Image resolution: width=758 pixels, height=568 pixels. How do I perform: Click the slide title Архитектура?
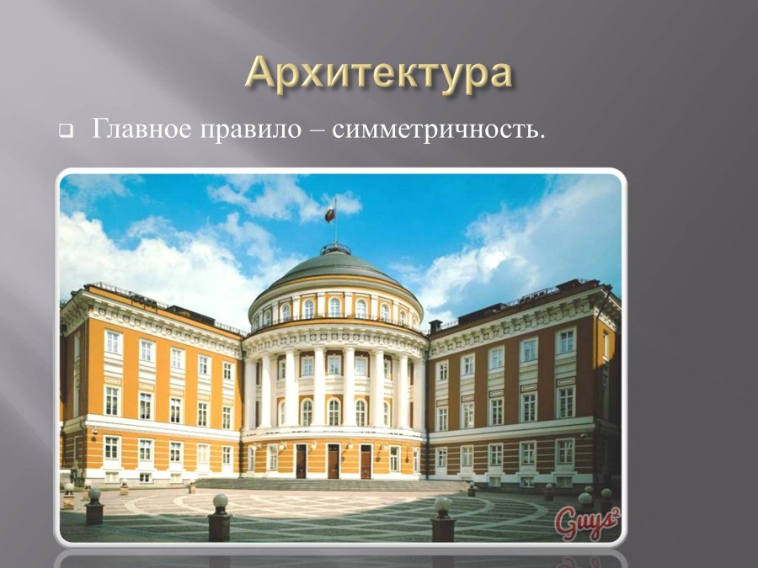point(378,74)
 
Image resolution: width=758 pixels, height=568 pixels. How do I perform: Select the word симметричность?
point(434,131)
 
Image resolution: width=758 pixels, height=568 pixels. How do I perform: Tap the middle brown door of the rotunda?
point(333,460)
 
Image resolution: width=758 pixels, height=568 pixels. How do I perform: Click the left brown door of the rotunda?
point(301,460)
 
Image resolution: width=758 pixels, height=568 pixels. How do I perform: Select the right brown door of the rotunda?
point(366,460)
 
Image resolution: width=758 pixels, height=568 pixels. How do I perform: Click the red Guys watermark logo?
point(586,523)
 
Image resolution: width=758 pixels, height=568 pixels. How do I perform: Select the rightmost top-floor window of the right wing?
point(565,342)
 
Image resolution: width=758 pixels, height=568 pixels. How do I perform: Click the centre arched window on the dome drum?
point(334,307)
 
